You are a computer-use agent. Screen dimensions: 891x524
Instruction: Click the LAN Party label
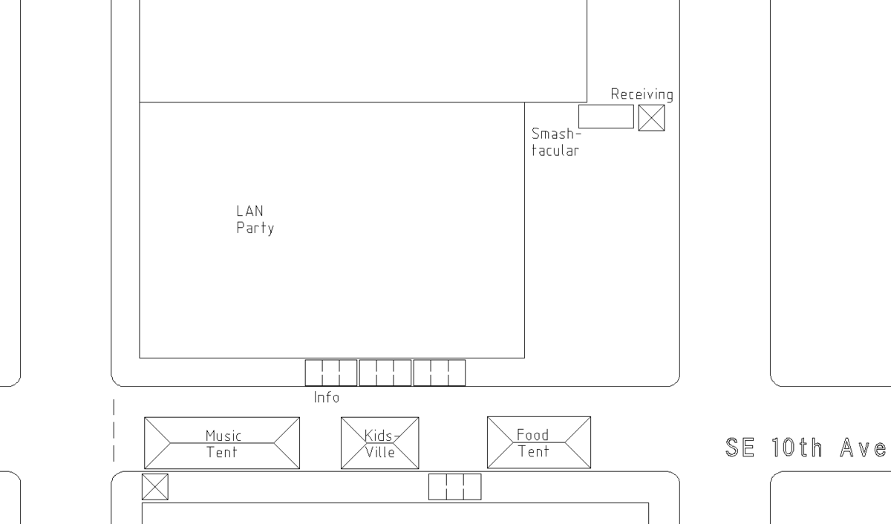pyautogui.click(x=255, y=220)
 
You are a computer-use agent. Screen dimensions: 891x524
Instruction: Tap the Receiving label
pyautogui.click(x=642, y=94)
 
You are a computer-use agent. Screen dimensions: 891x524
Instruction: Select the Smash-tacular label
pyautogui.click(x=556, y=142)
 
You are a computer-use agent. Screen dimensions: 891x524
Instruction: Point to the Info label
pyautogui.click(x=327, y=397)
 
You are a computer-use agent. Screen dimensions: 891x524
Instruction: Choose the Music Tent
pyautogui.click(x=222, y=443)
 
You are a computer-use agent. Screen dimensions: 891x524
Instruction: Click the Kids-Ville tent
pyautogui.click(x=380, y=443)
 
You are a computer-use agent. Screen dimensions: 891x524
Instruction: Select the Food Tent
pyautogui.click(x=539, y=442)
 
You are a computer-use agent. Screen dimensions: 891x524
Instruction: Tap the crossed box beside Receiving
pyautogui.click(x=652, y=118)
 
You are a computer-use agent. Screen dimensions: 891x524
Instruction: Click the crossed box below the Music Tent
pyautogui.click(x=155, y=487)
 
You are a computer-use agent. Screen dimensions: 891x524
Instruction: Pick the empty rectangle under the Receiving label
pyautogui.click(x=606, y=117)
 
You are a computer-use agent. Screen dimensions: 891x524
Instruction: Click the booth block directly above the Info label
pyautogui.click(x=331, y=373)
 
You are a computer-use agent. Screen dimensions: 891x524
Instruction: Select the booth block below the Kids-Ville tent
pyautogui.click(x=455, y=487)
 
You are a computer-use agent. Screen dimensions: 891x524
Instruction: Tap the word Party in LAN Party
pyautogui.click(x=255, y=228)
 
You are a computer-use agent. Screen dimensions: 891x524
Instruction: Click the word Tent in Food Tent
pyautogui.click(x=533, y=452)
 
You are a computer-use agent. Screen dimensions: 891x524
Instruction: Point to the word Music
pyautogui.click(x=223, y=436)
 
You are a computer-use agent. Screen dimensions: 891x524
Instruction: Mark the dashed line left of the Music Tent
pyautogui.click(x=114, y=430)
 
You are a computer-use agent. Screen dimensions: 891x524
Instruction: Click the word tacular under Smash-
pyautogui.click(x=555, y=151)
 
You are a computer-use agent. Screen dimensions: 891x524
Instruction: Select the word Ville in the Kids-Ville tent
pyautogui.click(x=380, y=452)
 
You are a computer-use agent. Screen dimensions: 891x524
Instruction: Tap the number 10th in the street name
pyautogui.click(x=797, y=448)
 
